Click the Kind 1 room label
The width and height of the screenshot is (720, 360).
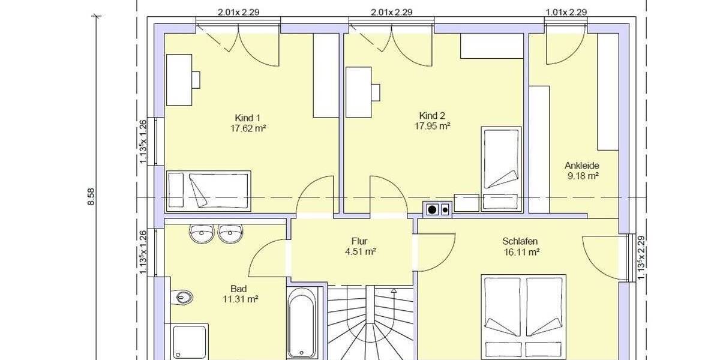point(248,118)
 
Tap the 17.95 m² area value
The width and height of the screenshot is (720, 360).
point(432,126)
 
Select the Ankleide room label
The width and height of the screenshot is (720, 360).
point(582,166)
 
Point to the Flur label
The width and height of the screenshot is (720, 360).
point(359,241)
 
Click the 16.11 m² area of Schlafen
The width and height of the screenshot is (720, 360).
point(521,252)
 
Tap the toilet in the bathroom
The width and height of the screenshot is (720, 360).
point(182,297)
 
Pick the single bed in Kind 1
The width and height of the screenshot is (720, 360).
point(208,190)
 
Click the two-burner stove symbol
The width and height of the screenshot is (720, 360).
point(437,209)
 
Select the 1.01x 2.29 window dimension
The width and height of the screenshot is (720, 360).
point(566,11)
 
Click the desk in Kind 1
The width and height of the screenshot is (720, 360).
point(179,80)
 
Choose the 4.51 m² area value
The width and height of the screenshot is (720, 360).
point(360,252)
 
